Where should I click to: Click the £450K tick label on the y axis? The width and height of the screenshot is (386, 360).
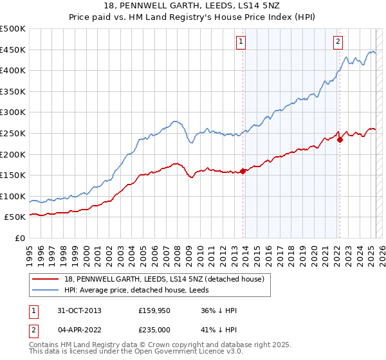click(x=13, y=50)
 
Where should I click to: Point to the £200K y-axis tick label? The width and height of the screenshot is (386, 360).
click(x=13, y=154)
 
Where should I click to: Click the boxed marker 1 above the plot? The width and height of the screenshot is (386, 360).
click(x=241, y=42)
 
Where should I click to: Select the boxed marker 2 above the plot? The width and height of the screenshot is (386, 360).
click(x=338, y=42)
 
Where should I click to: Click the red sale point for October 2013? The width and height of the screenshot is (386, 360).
click(x=243, y=171)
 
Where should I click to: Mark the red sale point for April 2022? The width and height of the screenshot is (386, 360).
click(x=340, y=140)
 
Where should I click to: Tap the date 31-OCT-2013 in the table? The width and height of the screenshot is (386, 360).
click(x=80, y=310)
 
